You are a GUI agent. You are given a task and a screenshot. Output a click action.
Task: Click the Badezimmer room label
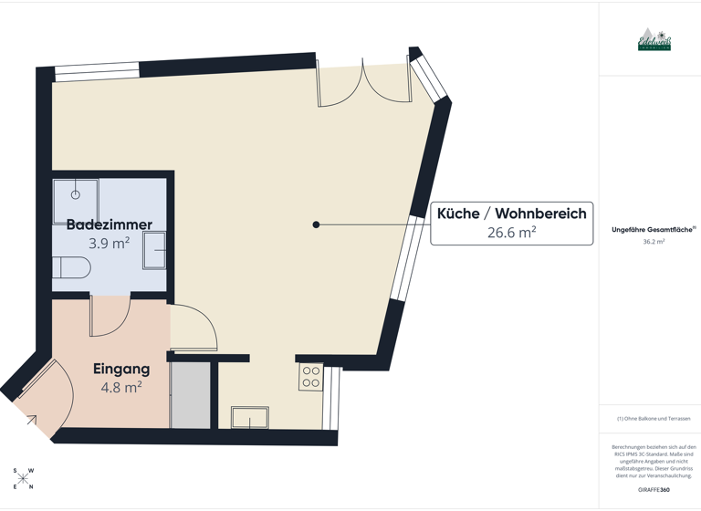pos(110,224)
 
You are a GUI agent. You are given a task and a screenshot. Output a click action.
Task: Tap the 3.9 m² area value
pos(110,244)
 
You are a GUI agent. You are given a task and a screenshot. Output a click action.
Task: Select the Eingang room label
pos(121,370)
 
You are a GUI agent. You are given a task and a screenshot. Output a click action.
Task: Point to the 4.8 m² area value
pos(121,387)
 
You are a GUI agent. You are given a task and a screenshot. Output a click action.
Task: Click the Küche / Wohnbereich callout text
pos(511,214)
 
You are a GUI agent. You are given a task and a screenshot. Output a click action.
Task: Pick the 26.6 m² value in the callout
pos(511,233)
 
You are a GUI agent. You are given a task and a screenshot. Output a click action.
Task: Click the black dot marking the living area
pos(316,224)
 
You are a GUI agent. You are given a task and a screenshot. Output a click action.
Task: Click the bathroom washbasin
pos(154,250)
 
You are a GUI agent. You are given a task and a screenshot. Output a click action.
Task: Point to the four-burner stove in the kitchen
pos(310,377)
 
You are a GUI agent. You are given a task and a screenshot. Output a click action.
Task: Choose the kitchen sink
pos(249,418)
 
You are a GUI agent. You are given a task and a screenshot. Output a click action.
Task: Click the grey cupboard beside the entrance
pos(192,396)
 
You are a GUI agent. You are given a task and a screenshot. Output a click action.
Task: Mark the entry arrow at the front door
pos(31,420)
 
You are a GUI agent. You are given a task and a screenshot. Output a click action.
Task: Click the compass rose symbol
pos(24,478)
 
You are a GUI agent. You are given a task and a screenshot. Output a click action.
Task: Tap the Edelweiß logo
pos(654,40)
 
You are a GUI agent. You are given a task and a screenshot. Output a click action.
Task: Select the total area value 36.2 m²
pos(654,242)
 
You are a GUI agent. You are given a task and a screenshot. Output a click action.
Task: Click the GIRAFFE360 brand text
pos(654,490)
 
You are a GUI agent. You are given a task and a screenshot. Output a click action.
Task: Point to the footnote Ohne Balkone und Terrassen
pos(654,419)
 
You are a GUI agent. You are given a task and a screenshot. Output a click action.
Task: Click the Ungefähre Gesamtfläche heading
pos(652,230)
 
